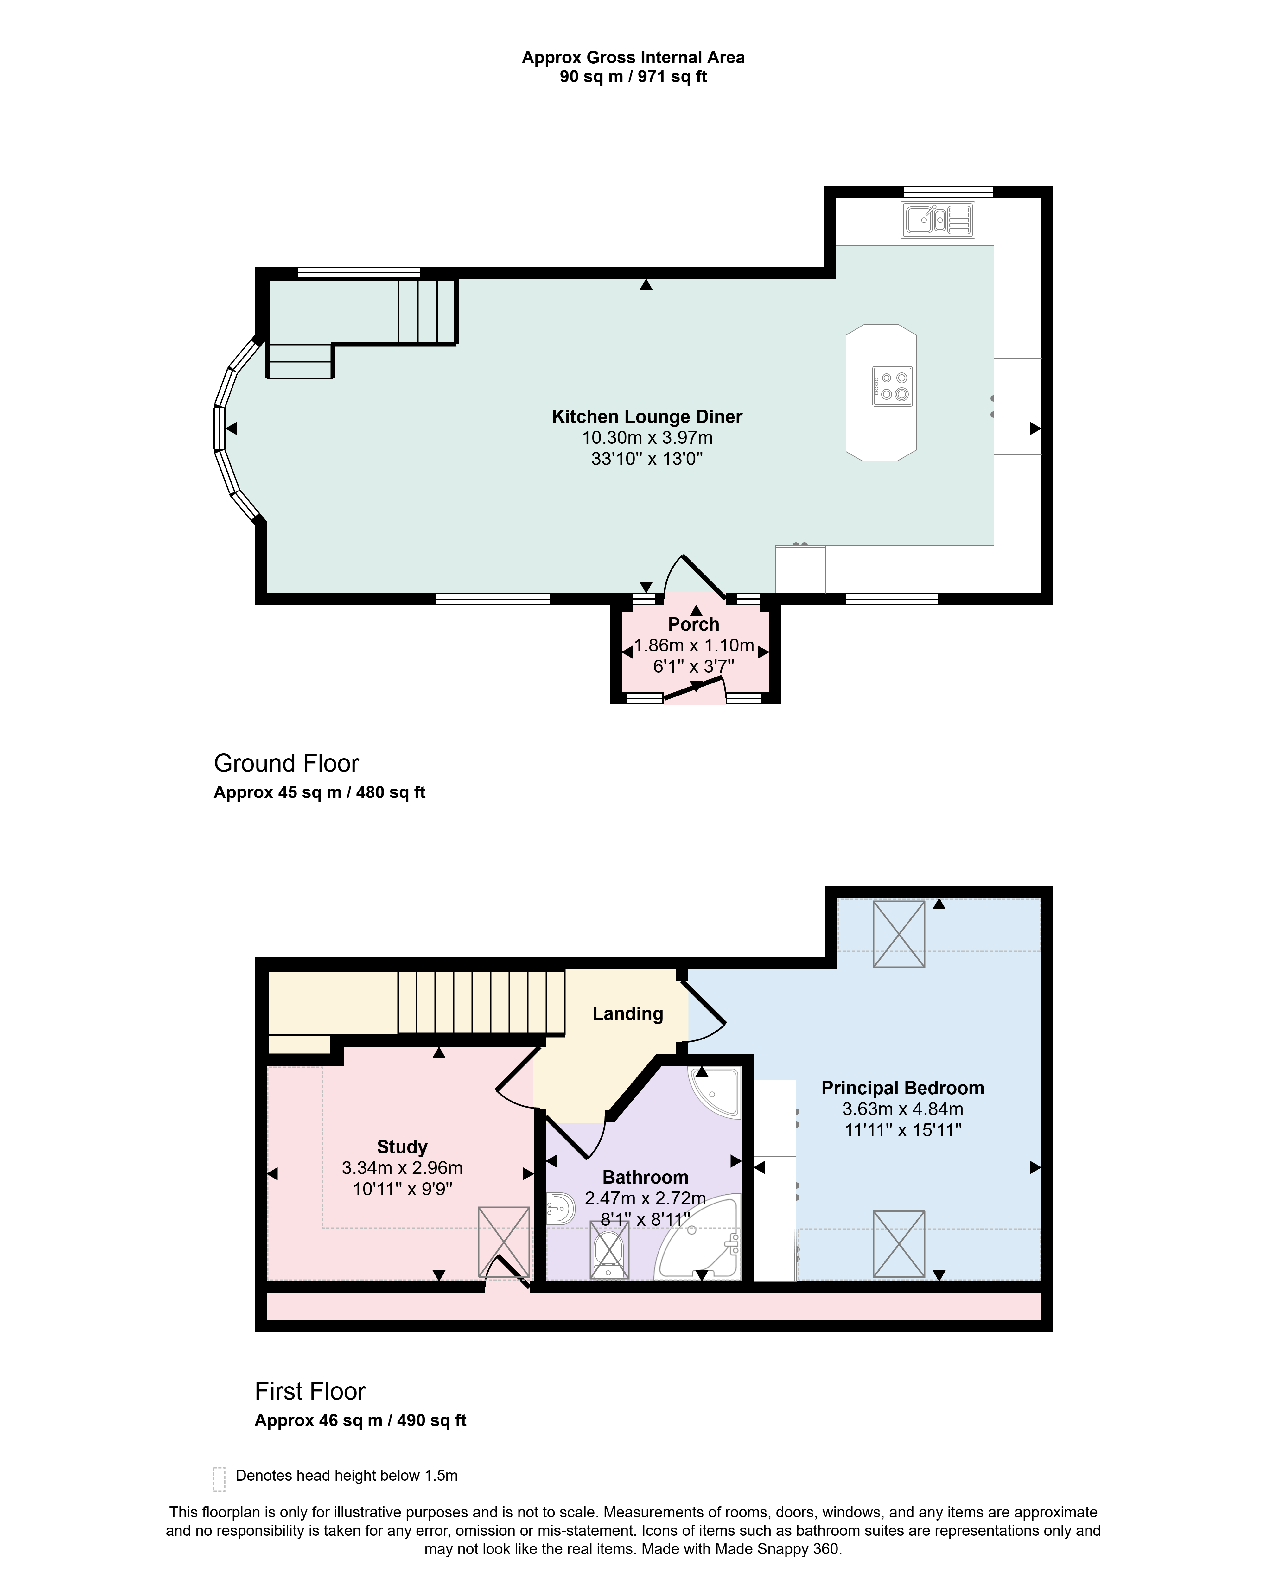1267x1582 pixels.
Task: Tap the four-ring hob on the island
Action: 893,386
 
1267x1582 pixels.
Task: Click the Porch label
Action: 693,625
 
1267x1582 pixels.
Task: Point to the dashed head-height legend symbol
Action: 219,1479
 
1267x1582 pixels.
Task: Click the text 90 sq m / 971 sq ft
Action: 633,77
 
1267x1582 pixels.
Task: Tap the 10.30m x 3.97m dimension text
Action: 647,438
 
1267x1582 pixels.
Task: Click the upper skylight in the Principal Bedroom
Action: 899,934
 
